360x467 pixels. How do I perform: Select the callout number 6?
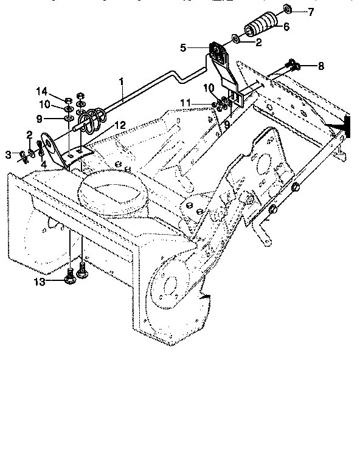(286, 27)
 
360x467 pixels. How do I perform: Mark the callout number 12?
(120, 125)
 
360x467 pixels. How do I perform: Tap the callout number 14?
(58, 91)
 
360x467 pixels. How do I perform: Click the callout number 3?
(9, 155)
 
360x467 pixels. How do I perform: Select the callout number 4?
(43, 164)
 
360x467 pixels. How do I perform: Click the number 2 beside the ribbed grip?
(258, 43)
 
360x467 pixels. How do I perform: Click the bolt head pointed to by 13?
(71, 280)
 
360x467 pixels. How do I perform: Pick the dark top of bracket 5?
(216, 48)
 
